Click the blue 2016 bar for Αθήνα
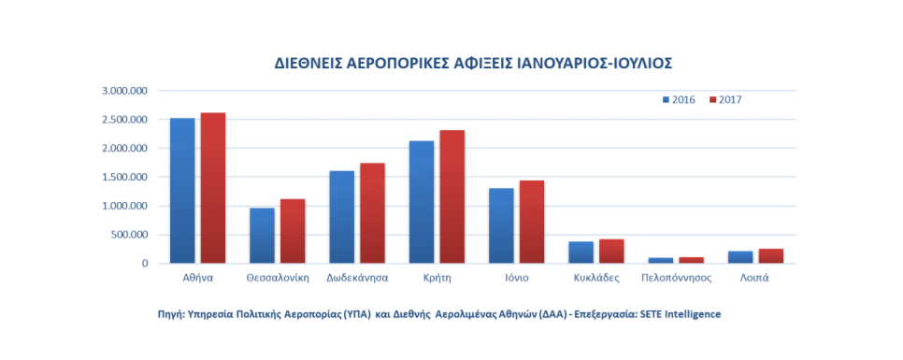tap(182, 191)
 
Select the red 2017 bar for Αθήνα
tap(212, 188)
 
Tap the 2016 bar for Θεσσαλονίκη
tap(262, 236)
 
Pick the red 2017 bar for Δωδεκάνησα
tap(372, 213)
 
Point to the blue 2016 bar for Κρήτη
tap(422, 202)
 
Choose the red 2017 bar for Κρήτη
tap(452, 196)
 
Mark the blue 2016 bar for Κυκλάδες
tap(581, 252)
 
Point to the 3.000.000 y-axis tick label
tap(126, 91)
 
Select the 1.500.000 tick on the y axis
tap(126, 177)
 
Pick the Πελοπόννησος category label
tap(677, 279)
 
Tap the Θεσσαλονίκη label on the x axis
tap(278, 279)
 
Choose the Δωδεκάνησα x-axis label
tap(357, 279)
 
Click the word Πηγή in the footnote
tap(172, 314)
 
